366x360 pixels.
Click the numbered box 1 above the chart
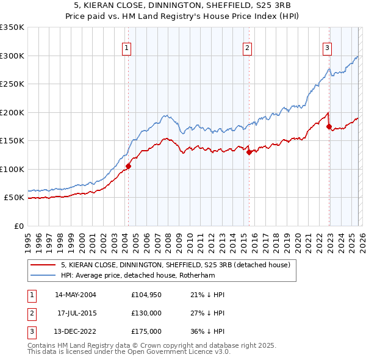coord(126,48)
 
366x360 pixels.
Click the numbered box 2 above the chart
coord(248,48)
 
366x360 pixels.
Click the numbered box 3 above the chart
coord(327,48)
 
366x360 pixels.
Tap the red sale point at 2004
coord(129,166)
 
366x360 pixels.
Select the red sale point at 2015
coord(249,153)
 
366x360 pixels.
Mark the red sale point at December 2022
coord(329,127)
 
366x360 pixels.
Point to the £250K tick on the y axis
coord(12,84)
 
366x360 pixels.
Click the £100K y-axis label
coord(12,169)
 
